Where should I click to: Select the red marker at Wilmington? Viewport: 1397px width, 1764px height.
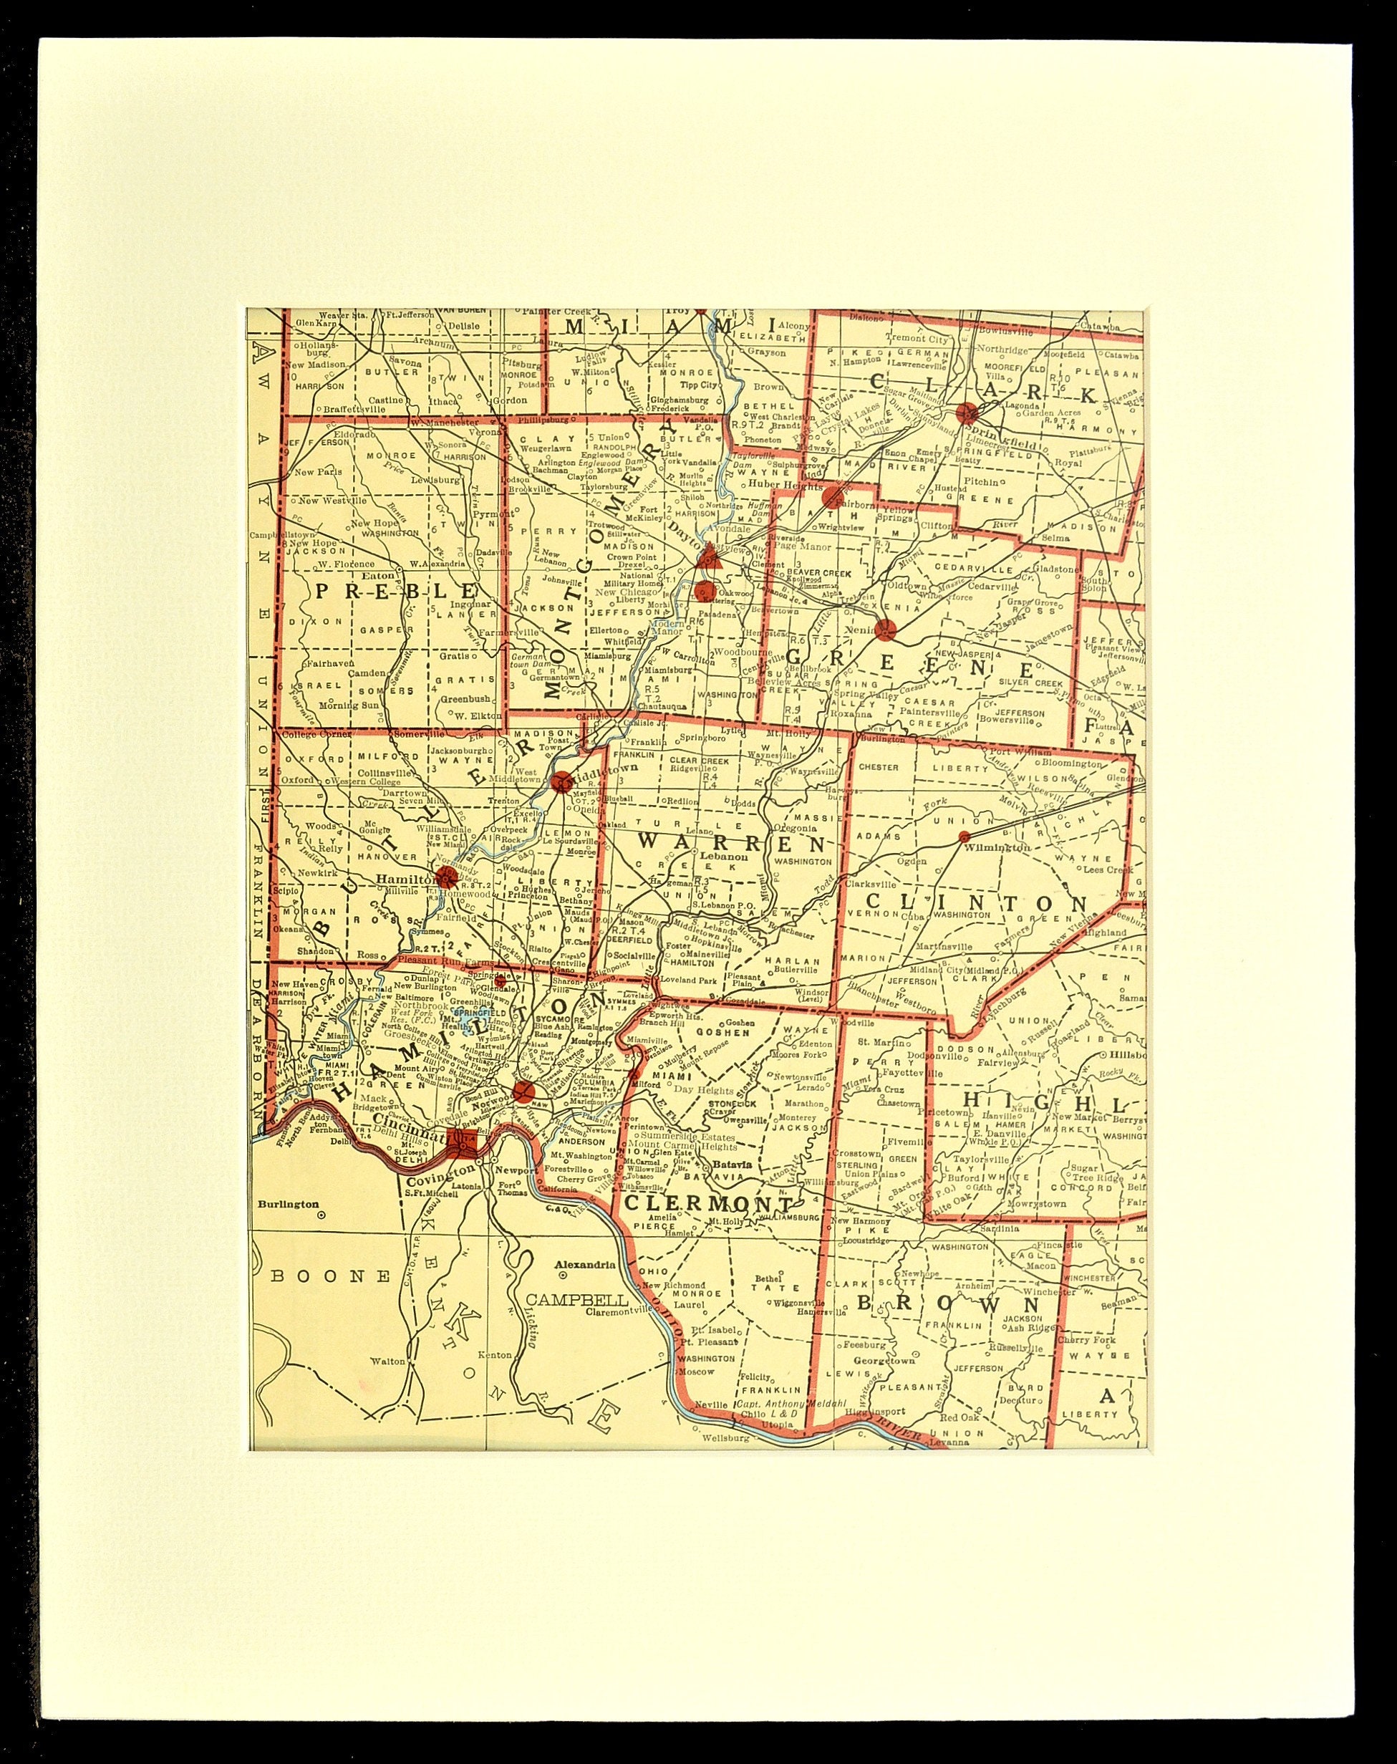(x=965, y=837)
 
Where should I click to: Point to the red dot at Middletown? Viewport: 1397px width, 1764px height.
(x=562, y=781)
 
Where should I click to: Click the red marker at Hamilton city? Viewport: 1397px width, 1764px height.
(x=447, y=878)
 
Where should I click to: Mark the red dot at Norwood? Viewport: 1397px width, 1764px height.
(x=524, y=1091)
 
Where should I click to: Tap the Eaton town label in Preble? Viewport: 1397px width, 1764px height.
(x=385, y=575)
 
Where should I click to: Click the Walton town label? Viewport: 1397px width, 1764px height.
(x=387, y=1361)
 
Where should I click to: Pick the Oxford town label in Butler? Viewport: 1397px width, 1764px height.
(x=298, y=780)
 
